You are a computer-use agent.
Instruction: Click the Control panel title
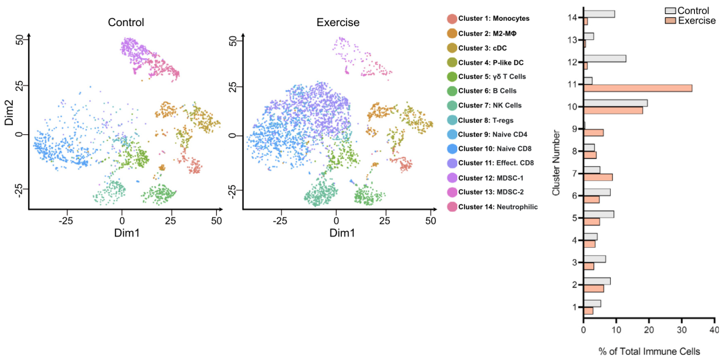[x=126, y=23]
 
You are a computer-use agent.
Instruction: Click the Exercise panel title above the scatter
[x=338, y=23]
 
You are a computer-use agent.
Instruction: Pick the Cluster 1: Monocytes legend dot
[x=453, y=19]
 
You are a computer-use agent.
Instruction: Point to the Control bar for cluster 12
[x=605, y=58]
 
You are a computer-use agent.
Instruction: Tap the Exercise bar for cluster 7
[x=598, y=177]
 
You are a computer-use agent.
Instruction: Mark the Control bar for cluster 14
[x=599, y=14]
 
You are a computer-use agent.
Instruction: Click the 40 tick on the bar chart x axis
[x=714, y=331]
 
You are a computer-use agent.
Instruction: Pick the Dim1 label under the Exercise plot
[x=342, y=232]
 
